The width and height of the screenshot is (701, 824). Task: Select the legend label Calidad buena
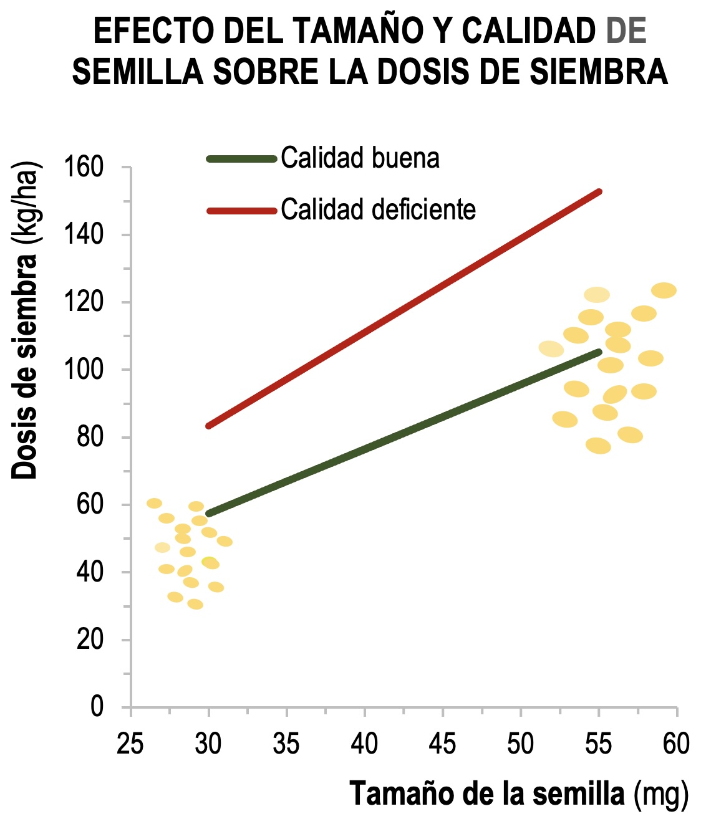pos(360,158)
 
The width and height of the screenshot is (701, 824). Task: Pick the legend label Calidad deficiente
pos(378,209)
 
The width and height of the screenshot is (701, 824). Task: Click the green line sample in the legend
pos(241,159)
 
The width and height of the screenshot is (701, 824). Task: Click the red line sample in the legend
pos(241,211)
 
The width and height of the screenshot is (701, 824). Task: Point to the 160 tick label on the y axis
pos(84,167)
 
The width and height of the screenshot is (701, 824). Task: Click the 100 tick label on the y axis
pos(84,370)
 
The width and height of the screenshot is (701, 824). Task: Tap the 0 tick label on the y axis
pos(97,707)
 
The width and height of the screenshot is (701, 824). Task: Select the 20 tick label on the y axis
pos(90,640)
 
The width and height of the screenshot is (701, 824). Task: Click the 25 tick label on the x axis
pos(130,744)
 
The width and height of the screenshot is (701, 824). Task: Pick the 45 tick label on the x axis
pos(442,744)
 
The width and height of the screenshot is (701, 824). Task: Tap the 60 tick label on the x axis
pos(676,744)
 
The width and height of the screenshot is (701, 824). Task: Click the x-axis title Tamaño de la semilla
pos(487,794)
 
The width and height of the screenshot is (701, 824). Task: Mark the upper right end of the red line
pos(599,191)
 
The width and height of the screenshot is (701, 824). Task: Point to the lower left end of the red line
pos(208,426)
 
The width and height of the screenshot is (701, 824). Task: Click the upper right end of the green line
pos(599,352)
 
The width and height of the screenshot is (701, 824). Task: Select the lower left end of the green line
pos(208,514)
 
